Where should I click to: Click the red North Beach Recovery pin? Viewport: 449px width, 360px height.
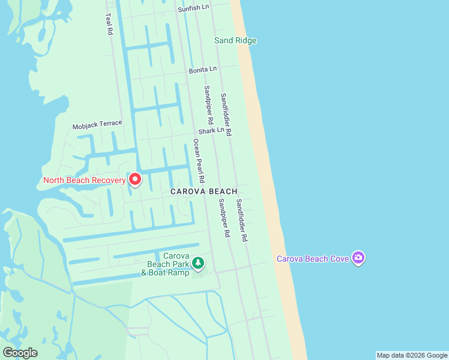(135, 179)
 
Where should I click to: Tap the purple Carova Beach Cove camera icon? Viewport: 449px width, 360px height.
(358, 258)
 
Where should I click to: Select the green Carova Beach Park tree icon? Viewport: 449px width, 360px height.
(198, 263)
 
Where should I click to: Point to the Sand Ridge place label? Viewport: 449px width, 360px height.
(235, 41)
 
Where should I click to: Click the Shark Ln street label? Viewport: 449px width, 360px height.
(212, 130)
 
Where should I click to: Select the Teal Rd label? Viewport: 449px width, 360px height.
(109, 24)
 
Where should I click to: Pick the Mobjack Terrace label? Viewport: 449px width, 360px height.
(97, 125)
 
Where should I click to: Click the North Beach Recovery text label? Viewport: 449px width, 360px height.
(84, 180)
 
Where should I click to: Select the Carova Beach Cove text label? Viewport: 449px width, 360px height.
(311, 259)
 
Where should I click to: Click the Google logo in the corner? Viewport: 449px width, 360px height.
(20, 352)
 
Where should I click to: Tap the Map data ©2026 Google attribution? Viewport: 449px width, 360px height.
(412, 355)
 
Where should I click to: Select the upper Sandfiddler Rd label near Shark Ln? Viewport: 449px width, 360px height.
(226, 115)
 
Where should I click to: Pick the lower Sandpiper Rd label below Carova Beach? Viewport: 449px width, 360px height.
(224, 218)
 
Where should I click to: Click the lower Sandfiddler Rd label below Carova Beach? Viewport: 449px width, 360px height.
(241, 220)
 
